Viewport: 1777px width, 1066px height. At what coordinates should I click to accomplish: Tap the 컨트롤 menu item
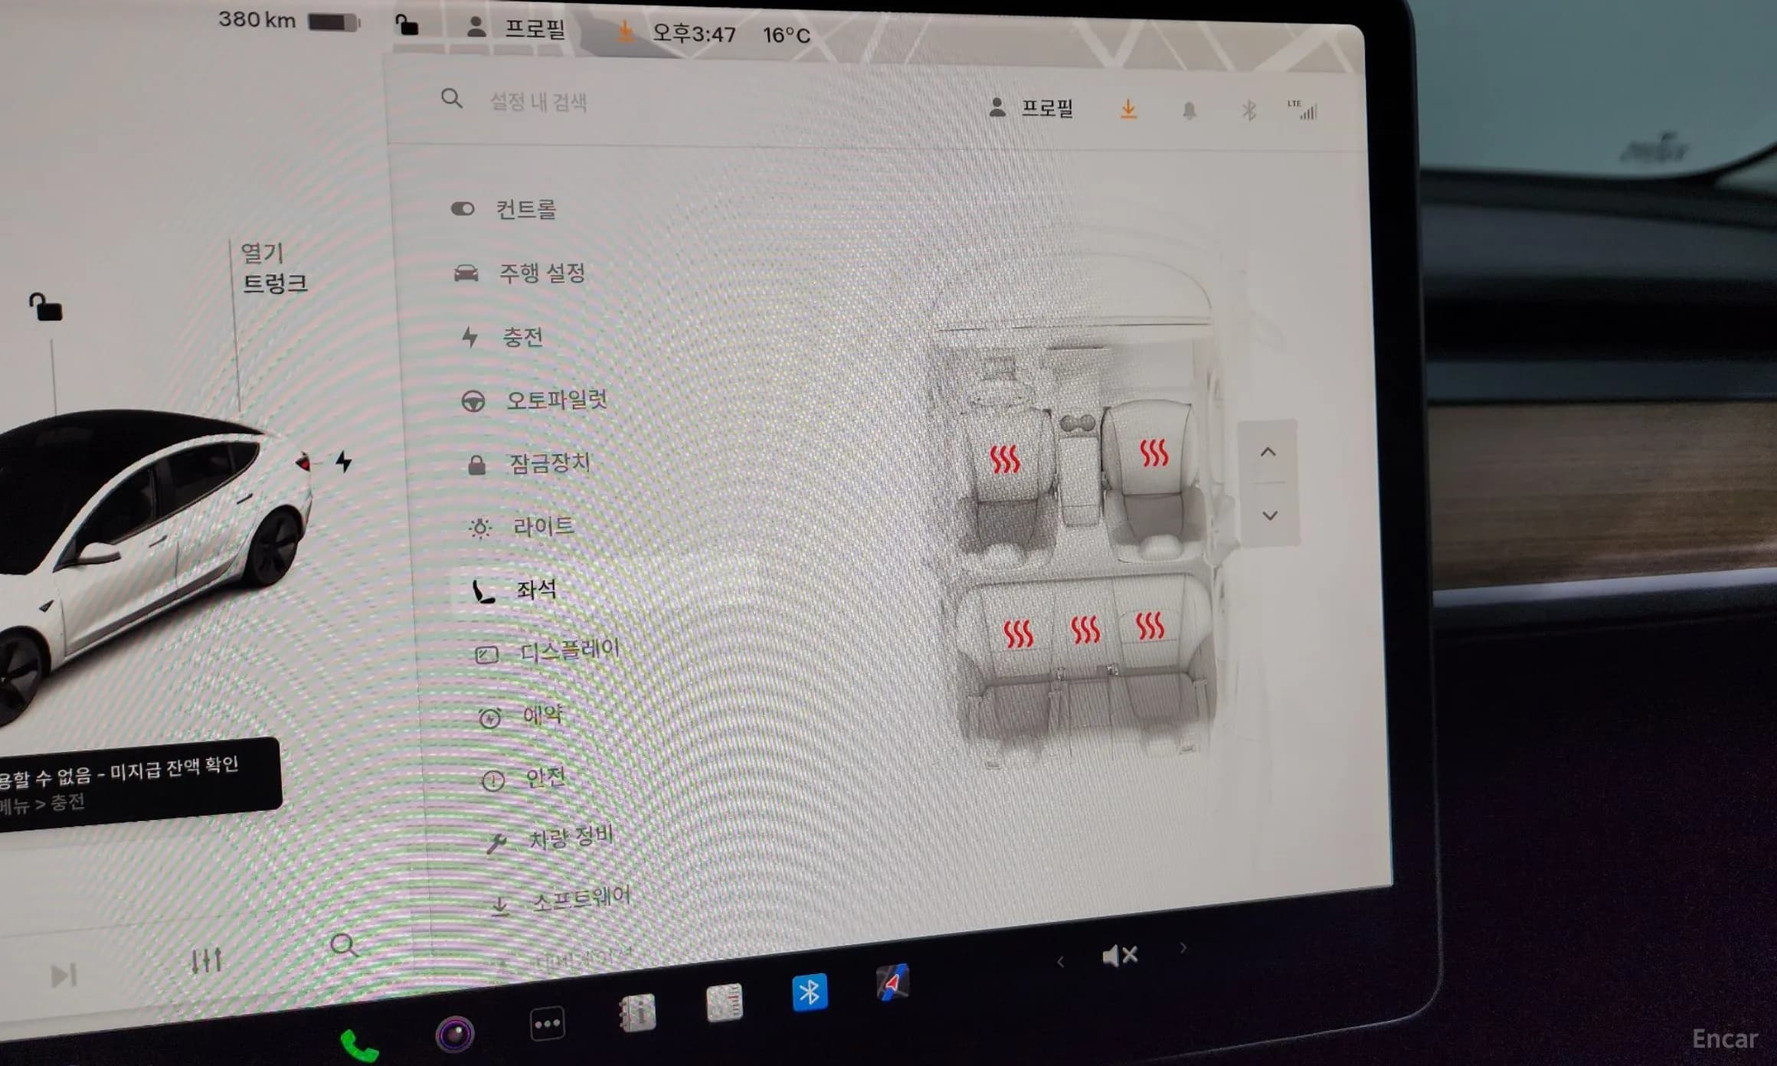525,209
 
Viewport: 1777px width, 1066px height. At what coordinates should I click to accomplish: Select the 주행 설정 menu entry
541,273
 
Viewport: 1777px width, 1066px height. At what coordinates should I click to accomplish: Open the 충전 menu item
522,337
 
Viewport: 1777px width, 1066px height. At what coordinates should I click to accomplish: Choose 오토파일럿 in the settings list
555,400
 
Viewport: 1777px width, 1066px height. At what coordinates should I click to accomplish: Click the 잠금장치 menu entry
549,463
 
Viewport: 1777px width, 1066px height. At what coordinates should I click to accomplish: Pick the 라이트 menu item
542,527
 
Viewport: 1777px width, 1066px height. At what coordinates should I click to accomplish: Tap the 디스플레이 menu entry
568,651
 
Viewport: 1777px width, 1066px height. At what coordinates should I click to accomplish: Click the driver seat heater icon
1004,459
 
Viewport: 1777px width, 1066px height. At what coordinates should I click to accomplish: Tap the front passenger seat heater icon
1154,453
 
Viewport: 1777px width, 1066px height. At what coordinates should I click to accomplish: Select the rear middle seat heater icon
1085,630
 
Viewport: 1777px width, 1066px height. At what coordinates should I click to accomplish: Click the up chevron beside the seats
1268,452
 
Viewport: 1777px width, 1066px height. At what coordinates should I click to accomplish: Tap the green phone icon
358,1045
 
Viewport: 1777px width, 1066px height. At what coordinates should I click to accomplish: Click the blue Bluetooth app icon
810,992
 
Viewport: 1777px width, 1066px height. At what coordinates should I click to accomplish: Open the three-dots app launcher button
547,1024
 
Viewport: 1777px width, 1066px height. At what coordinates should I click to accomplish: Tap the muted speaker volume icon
1119,956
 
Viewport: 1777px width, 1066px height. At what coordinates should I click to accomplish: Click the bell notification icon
1189,111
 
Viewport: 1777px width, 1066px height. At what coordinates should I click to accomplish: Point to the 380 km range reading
257,20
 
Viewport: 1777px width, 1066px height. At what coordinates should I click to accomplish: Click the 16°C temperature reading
786,35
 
